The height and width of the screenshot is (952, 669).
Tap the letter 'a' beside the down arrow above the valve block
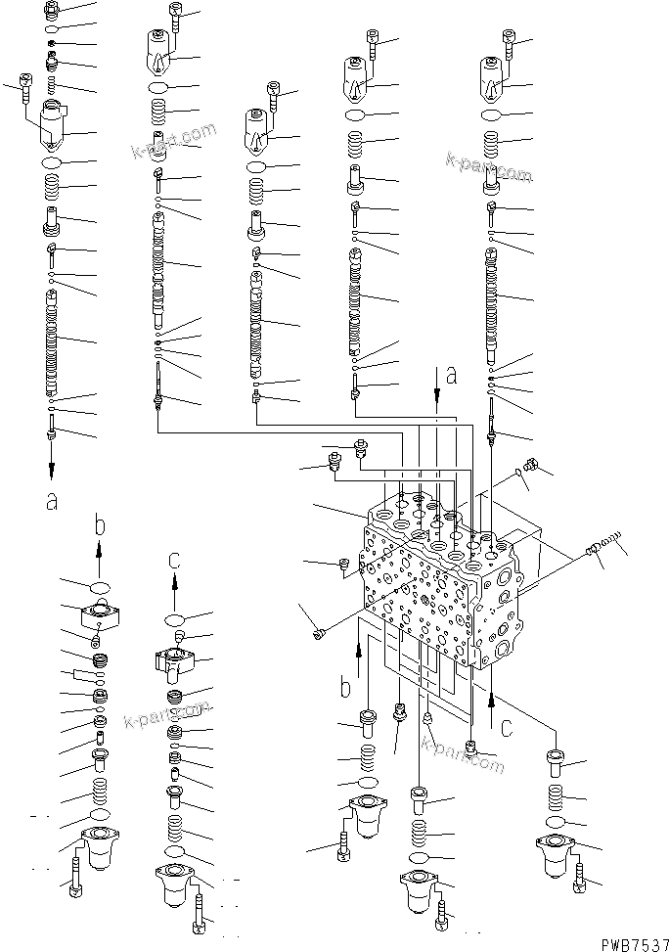452,374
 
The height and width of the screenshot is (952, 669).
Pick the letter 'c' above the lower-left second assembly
175,560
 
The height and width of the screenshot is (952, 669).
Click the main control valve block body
440,587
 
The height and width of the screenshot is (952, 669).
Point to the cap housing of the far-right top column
493,78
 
